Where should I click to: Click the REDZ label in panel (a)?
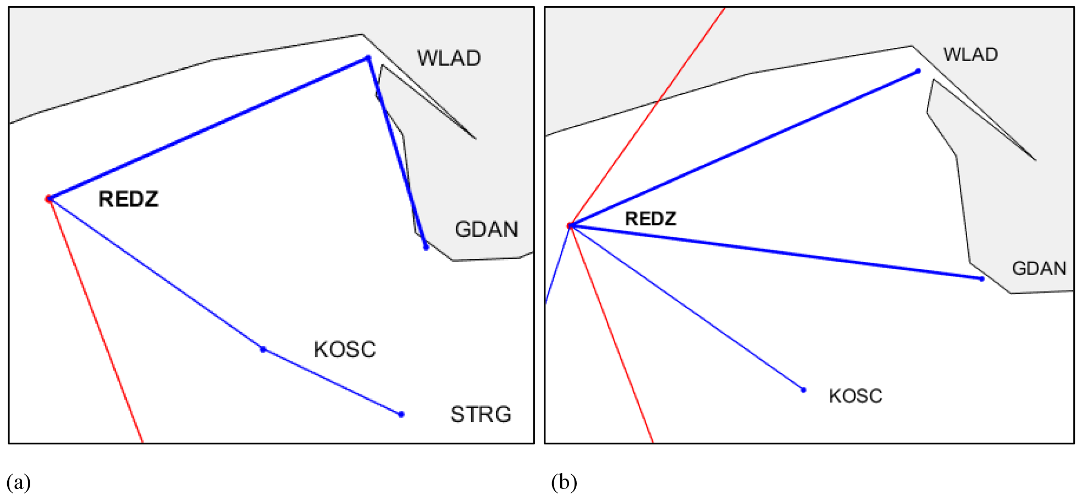128,199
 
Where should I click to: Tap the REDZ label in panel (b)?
650,219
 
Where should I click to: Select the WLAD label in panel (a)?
449,58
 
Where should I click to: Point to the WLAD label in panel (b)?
970,54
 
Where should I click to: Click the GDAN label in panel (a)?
486,229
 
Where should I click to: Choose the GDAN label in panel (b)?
1039,268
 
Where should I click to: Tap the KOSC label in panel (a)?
345,350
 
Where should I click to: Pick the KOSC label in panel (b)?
855,396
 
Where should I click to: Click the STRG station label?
481,415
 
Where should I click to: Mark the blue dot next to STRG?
401,414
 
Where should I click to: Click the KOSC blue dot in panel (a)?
263,349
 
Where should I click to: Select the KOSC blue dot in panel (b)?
803,390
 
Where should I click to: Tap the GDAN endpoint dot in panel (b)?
982,279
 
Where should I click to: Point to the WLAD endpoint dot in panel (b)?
918,71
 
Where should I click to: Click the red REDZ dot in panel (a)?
49,199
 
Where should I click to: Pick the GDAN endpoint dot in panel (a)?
426,248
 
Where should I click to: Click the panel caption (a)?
19,483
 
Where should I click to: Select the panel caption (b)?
564,483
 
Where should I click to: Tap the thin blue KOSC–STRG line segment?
333,382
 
